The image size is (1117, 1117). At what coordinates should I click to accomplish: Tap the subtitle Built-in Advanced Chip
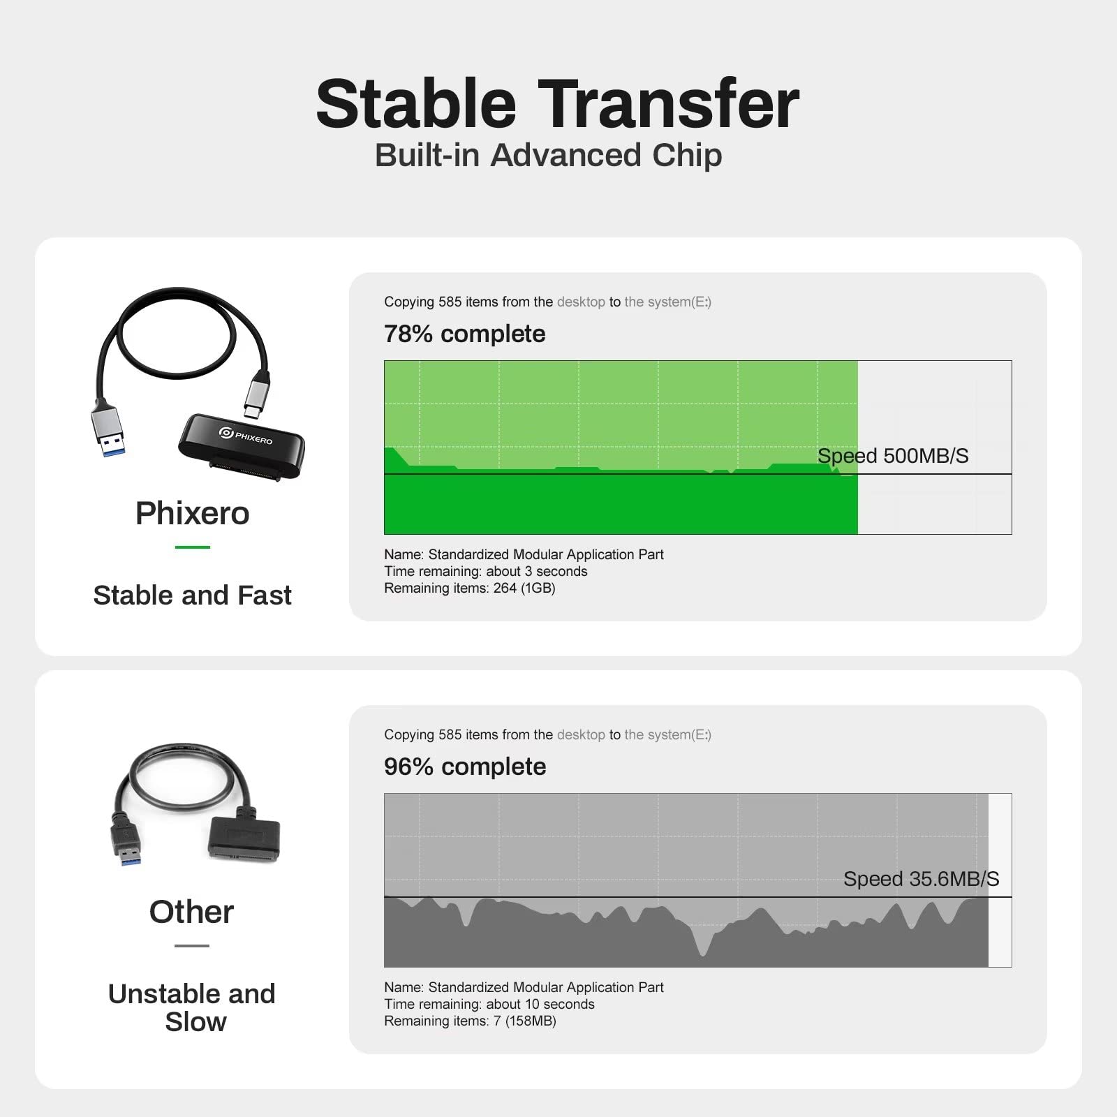pyautogui.click(x=549, y=155)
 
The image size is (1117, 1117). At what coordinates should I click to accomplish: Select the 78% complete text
pyautogui.click(x=465, y=334)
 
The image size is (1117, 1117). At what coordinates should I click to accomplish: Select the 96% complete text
pyautogui.click(x=465, y=767)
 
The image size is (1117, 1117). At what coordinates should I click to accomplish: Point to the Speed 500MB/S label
pyautogui.click(x=893, y=456)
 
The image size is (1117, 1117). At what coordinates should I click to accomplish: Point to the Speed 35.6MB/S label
pyautogui.click(x=922, y=879)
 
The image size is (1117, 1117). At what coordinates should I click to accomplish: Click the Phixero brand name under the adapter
pyautogui.click(x=192, y=513)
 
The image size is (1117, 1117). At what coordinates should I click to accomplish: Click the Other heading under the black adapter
pyautogui.click(x=191, y=912)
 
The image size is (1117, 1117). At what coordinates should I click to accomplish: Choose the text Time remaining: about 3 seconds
pyautogui.click(x=486, y=571)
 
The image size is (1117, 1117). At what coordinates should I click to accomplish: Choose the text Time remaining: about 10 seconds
pyautogui.click(x=489, y=1004)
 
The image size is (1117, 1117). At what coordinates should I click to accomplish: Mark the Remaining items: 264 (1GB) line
pyautogui.click(x=470, y=588)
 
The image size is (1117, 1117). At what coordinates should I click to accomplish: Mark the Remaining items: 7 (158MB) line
pyautogui.click(x=470, y=1021)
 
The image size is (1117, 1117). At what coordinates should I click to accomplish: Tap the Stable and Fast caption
pyautogui.click(x=192, y=596)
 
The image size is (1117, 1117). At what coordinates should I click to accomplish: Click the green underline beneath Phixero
pyautogui.click(x=193, y=547)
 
